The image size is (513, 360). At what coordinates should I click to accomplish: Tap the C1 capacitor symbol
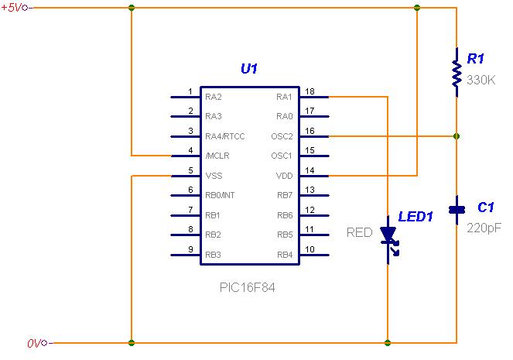tap(457, 207)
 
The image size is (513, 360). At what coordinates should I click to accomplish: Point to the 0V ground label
tap(33, 342)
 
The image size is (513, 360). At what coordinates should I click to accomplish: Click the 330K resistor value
tap(481, 79)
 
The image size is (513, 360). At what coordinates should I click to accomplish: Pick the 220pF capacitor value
tap(484, 228)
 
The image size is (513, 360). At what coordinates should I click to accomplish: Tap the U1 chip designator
tap(249, 70)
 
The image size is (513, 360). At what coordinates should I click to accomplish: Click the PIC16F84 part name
tap(248, 286)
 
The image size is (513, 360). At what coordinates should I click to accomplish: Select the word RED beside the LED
tap(359, 232)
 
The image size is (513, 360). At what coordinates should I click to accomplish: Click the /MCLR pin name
tap(217, 156)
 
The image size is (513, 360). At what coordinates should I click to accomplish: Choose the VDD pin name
tap(284, 176)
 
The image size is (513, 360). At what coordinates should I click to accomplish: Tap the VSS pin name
tap(214, 176)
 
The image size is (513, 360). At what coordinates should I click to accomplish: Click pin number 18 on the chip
tap(310, 91)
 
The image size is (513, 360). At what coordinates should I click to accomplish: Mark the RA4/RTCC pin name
tap(225, 136)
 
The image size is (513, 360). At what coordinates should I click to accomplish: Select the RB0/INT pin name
tap(220, 196)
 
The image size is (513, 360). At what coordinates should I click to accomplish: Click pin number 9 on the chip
tap(190, 249)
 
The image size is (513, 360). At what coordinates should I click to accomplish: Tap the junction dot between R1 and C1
tap(457, 136)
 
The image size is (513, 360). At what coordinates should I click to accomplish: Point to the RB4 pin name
tap(284, 255)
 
